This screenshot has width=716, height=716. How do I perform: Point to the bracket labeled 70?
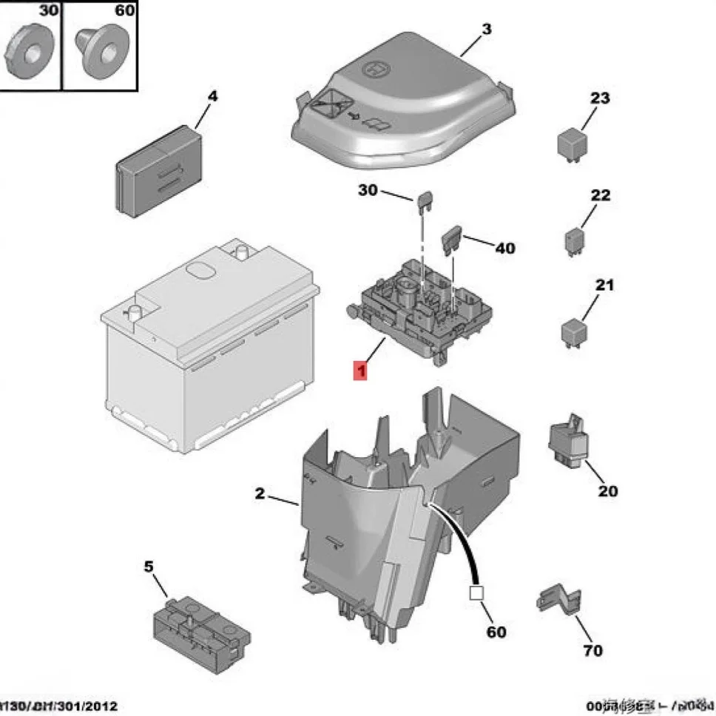[558, 600]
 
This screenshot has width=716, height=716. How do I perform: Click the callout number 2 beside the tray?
[260, 494]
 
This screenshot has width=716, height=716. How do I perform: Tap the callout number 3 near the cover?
[486, 30]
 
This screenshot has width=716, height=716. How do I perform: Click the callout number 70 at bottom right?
[592, 651]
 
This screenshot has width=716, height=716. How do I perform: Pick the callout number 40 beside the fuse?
[505, 249]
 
